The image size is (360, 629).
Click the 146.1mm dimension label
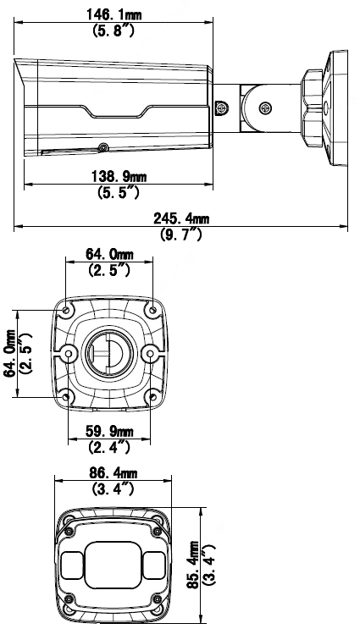[x=114, y=15]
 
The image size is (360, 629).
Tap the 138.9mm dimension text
[x=119, y=176]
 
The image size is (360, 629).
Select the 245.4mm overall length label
[x=181, y=218]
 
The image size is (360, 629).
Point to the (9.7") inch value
[x=181, y=234]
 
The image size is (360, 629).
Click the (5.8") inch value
[x=114, y=30]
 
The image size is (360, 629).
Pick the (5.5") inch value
[x=119, y=192]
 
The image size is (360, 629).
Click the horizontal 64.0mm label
[x=109, y=254]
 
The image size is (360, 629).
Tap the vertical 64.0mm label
[x=9, y=353]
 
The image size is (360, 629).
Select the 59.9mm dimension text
[x=109, y=431]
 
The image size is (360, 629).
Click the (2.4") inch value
[x=109, y=447]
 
